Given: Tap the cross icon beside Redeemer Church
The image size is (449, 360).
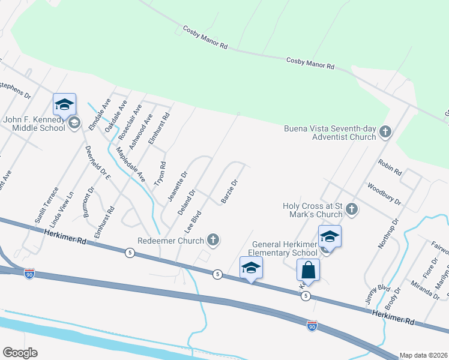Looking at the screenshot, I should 212,241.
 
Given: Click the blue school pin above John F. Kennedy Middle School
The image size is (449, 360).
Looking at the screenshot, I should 64,104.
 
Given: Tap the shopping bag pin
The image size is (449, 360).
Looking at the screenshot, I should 308,270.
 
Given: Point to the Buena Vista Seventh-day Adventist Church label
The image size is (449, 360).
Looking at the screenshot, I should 330,132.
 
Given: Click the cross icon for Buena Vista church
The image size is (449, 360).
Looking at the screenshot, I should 385,132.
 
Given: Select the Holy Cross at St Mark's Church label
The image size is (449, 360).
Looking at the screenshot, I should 312,210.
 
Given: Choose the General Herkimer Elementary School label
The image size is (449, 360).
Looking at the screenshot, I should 285,248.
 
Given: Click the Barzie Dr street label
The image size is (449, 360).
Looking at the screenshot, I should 231,191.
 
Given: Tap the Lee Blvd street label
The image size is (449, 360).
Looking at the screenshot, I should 191,222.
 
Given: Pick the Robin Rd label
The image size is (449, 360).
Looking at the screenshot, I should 390,166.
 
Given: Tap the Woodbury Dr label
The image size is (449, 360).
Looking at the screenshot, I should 384,194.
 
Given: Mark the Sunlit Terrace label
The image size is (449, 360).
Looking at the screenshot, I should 46,206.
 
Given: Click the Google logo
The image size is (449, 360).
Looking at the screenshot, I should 20,353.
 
